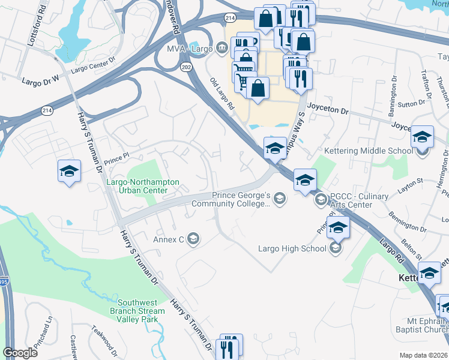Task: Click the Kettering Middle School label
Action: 368,151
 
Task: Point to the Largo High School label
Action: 292,248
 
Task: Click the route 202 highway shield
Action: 184,67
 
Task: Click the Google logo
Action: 20,353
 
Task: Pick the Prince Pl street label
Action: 116,161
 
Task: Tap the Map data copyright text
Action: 423,355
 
